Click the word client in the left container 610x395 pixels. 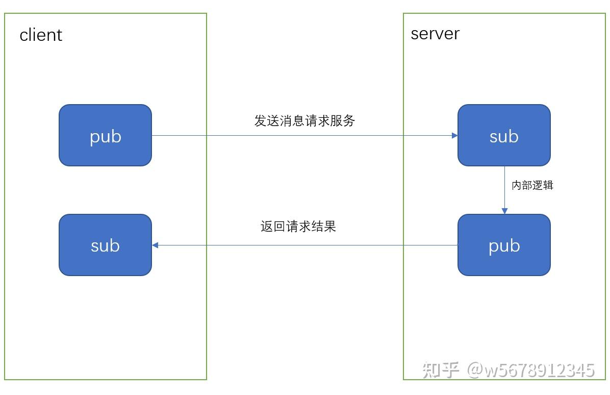41,35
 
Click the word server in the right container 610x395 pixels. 435,34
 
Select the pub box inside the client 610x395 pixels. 105,136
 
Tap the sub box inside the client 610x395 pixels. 105,245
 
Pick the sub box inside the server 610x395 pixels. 504,136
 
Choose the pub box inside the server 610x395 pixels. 504,245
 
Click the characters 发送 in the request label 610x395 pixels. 267,121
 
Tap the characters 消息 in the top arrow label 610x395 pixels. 292,121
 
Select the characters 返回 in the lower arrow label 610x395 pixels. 273,227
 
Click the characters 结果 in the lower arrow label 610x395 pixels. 324,227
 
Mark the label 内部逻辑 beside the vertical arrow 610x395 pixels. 532,185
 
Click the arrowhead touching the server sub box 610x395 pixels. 454,136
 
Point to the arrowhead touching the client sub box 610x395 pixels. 155,245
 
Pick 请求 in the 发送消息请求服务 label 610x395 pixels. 317,121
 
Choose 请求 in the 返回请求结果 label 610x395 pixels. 298,227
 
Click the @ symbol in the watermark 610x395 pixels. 475,370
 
